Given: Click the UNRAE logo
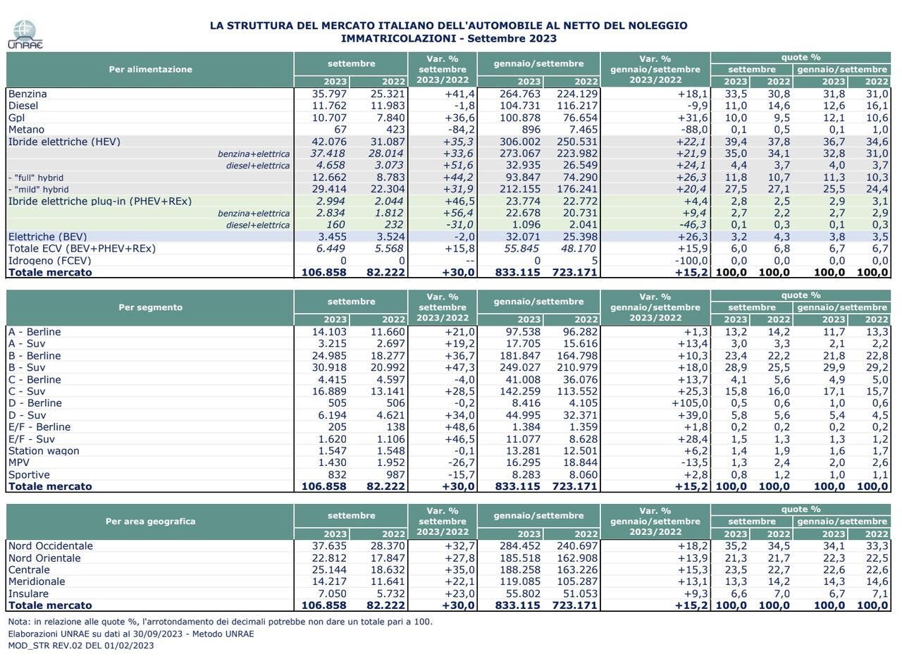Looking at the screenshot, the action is pos(25,35).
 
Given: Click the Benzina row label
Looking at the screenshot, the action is pos(27,94).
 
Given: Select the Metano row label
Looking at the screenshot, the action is pos(26,130).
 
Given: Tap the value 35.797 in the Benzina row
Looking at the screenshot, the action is pos(329,94).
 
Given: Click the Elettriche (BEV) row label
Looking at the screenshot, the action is pos(47,237).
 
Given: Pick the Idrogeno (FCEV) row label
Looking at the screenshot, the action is pos(49,261).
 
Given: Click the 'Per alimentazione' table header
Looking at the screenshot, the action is pos(150,69).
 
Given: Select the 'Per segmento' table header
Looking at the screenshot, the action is pos(150,307).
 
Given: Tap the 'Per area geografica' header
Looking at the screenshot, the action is pos(150,522).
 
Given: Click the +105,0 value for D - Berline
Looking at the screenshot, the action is pos(689,403).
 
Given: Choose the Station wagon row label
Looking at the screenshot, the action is pos(44,451).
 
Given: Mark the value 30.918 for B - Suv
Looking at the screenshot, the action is pos(329,367).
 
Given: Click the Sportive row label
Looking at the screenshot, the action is pos(29,474).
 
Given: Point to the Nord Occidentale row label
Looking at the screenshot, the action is pos(50,546).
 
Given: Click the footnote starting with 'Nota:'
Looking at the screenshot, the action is pos(220,622).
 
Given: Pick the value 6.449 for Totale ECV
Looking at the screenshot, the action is pos(330,249).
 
